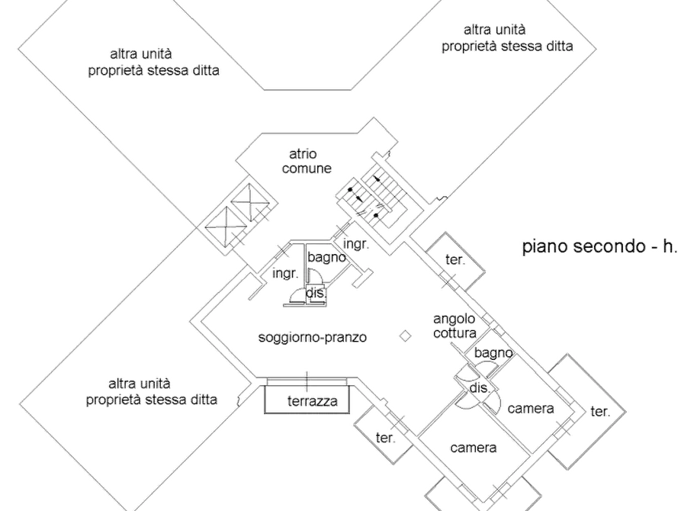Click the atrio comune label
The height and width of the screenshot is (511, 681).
click(x=307, y=161)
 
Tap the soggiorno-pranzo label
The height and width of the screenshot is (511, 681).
click(x=312, y=337)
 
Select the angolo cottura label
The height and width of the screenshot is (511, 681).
click(x=455, y=326)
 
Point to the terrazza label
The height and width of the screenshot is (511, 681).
click(x=312, y=401)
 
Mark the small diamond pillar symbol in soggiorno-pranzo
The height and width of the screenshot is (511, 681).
click(x=405, y=336)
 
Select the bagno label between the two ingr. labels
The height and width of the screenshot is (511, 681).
click(x=326, y=258)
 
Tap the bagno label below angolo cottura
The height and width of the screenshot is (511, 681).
click(x=493, y=353)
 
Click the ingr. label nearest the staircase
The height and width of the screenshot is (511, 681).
click(x=356, y=244)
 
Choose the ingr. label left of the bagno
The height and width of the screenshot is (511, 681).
click(x=285, y=274)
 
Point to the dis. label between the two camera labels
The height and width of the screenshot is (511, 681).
click(x=480, y=388)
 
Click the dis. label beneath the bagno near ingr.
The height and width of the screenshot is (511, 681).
click(x=315, y=293)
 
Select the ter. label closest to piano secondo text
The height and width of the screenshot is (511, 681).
click(x=455, y=260)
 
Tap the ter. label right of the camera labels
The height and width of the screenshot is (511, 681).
click(x=600, y=411)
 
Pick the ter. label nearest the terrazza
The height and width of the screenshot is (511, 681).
click(x=385, y=438)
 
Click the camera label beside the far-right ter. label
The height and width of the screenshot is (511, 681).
click(x=531, y=409)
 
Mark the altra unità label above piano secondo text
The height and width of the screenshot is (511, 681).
click(x=507, y=38)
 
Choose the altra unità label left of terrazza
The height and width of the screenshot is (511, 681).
click(x=152, y=391)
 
